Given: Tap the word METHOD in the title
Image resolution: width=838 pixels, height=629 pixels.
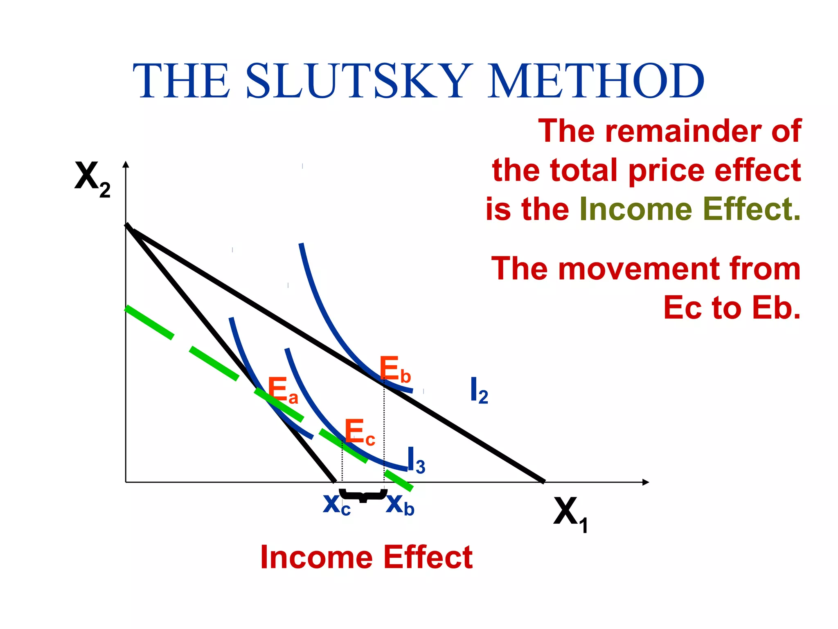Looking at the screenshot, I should click(595, 81).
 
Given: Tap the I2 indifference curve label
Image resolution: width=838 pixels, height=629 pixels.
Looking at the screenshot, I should click(478, 391).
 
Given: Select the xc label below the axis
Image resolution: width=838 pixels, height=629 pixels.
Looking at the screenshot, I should click(336, 505).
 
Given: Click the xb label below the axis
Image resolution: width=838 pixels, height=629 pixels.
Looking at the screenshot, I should click(400, 505).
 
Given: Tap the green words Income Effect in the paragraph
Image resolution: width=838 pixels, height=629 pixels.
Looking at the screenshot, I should click(689, 209).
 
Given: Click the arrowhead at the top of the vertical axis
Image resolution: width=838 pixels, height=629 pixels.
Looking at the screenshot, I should click(126, 164).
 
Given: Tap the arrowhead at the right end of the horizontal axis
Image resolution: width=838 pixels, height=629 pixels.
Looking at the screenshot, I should click(646, 482).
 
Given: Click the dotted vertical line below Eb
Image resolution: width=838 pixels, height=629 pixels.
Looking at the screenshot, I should click(384, 434).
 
